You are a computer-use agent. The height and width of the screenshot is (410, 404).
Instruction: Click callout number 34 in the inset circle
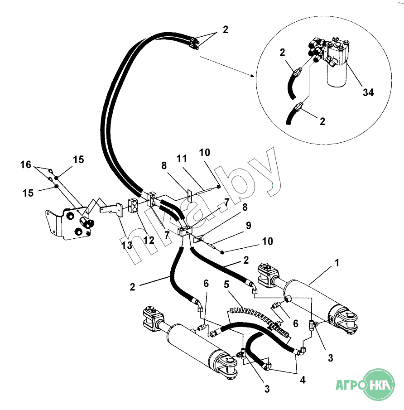coord(368,92)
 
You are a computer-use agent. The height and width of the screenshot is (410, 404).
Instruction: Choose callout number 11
coord(182,159)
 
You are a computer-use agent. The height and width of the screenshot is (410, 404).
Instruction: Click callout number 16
coord(26,165)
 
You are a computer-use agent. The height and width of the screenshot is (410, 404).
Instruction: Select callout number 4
coord(302,380)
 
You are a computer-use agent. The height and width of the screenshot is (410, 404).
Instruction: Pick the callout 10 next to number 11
coord(205,152)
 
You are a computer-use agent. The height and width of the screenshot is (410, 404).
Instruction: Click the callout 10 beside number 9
coord(268,241)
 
